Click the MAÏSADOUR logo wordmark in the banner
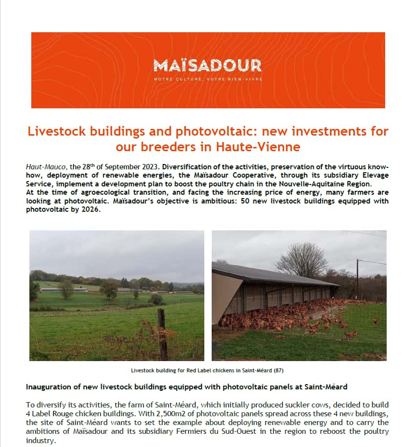point(207,65)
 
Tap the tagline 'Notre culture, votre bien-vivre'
point(207,79)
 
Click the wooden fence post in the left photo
point(162,334)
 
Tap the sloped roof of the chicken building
point(274,276)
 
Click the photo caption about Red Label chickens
point(207,370)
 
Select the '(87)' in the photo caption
point(278,370)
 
